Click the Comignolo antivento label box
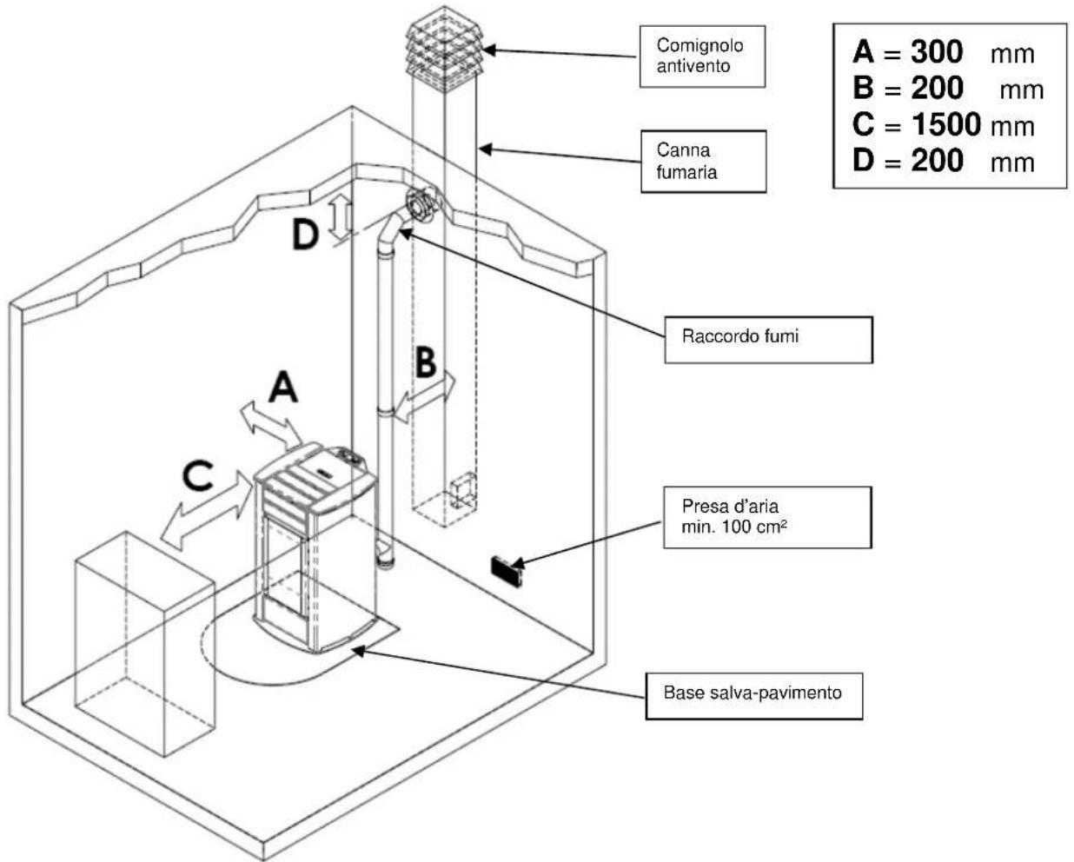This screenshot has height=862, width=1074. click(701, 56)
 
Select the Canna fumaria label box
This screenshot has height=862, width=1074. click(703, 161)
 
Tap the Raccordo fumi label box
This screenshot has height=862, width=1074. click(767, 339)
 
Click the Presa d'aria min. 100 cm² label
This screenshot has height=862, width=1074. click(766, 517)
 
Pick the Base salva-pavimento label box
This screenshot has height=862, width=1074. click(753, 695)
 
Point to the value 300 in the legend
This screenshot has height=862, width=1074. click(937, 52)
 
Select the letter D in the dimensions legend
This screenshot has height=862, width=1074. click(864, 161)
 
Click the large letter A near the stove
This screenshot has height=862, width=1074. click(282, 388)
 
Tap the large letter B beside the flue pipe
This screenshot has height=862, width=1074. click(425, 362)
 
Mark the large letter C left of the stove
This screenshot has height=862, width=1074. click(198, 476)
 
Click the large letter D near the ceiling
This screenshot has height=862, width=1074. click(305, 234)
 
